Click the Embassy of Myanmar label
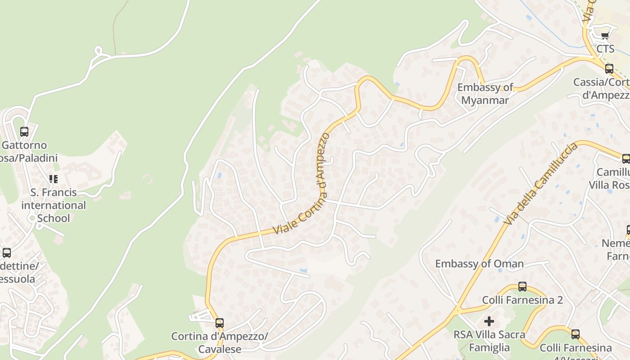(485, 94)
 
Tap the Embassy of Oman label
(479, 264)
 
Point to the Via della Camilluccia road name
(540, 184)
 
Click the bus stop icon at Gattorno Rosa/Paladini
(24, 132)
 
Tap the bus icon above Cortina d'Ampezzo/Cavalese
(219, 323)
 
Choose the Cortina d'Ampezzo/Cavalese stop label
(220, 342)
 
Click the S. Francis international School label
(54, 205)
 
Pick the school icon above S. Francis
(54, 179)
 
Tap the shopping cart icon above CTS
(605, 36)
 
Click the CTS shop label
(605, 49)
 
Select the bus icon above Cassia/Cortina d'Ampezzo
(609, 69)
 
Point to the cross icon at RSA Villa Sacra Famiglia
(489, 321)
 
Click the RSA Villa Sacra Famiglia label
(489, 341)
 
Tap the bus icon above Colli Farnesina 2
(522, 286)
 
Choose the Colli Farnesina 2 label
(522, 300)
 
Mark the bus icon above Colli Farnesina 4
(575, 334)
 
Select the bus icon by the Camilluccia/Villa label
(625, 158)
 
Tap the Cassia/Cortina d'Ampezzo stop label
(601, 89)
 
